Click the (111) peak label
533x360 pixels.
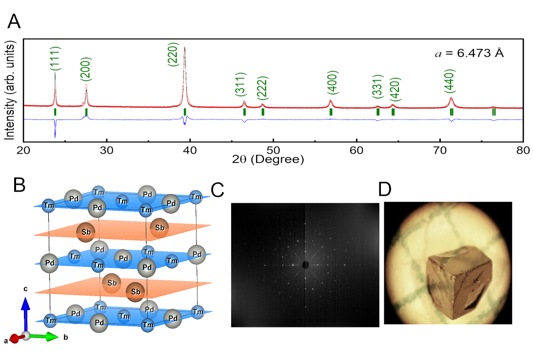click(55, 59)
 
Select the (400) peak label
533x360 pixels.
click(331, 84)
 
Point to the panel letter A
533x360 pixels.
click(14, 21)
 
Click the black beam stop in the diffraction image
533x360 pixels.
click(306, 265)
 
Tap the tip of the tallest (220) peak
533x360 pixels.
click(185, 48)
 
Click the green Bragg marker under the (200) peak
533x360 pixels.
click(86, 112)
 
